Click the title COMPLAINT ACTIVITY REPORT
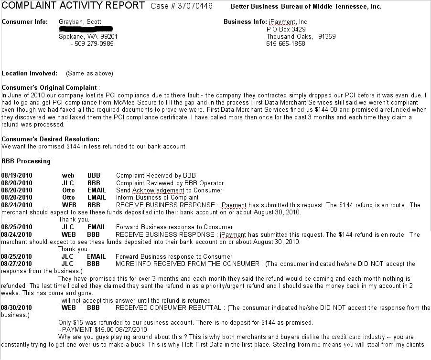click(x=73, y=6)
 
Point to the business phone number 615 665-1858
click(x=286, y=43)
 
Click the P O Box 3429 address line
click(x=286, y=29)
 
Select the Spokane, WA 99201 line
click(x=88, y=36)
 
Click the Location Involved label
click(x=29, y=74)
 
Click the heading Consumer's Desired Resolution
click(x=51, y=139)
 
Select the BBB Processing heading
click(x=26, y=161)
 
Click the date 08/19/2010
click(x=17, y=176)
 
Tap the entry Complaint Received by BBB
click(x=156, y=176)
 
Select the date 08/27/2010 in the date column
click(x=17, y=264)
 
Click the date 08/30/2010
click(x=17, y=308)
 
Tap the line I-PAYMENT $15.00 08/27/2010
click(x=103, y=330)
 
